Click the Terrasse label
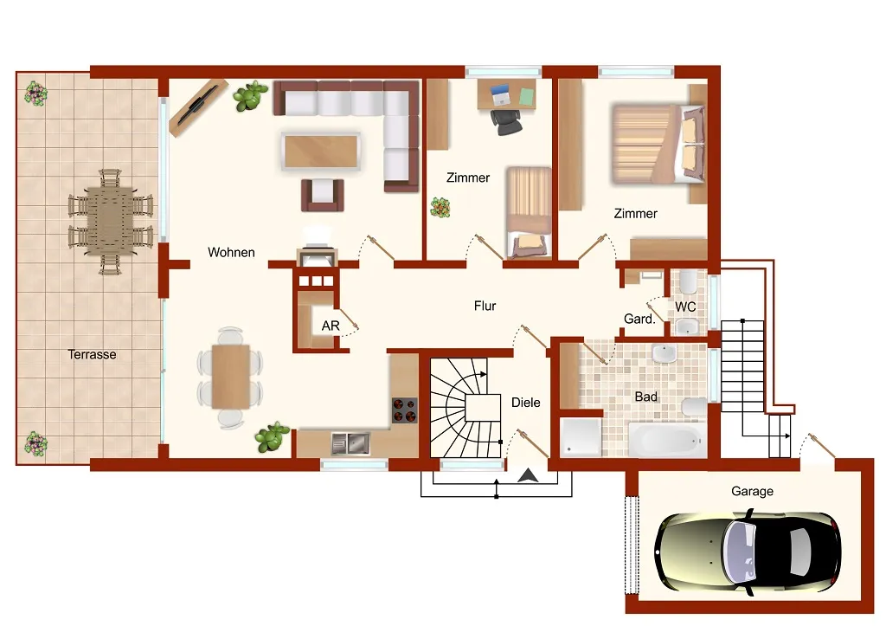point(92,355)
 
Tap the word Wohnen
point(231,252)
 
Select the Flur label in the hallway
point(485,306)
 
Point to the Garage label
point(752,492)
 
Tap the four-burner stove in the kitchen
point(405,410)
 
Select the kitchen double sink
point(350,444)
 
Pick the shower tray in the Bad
point(581,436)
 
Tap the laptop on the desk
point(501,95)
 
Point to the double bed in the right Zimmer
point(658,144)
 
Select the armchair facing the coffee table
point(323,195)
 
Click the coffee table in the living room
point(320,152)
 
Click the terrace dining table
point(110,221)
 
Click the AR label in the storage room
point(331,326)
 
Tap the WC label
point(685,307)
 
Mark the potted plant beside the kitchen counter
point(273,437)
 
